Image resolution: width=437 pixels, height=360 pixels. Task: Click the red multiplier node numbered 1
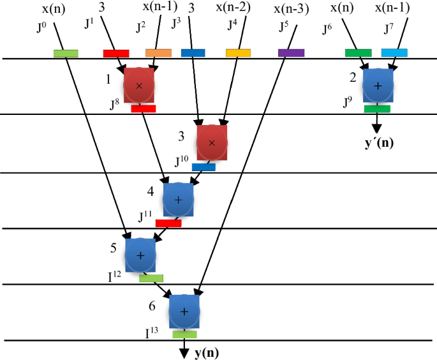tap(139, 85)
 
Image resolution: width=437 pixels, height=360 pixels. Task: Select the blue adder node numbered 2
tap(377, 84)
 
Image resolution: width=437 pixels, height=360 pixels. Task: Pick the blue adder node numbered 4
tap(178, 200)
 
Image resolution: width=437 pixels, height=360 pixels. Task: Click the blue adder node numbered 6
tap(184, 311)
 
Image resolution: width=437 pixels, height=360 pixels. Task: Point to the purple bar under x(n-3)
tap(291, 53)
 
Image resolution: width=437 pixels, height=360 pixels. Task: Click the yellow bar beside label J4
tap(238, 53)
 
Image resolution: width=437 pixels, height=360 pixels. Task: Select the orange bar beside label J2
tap(158, 53)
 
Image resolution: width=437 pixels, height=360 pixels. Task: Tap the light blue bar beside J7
tap(394, 53)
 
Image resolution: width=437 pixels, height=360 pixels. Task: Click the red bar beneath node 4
tap(168, 223)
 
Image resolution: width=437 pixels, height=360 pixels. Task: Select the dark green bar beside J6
tap(358, 53)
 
